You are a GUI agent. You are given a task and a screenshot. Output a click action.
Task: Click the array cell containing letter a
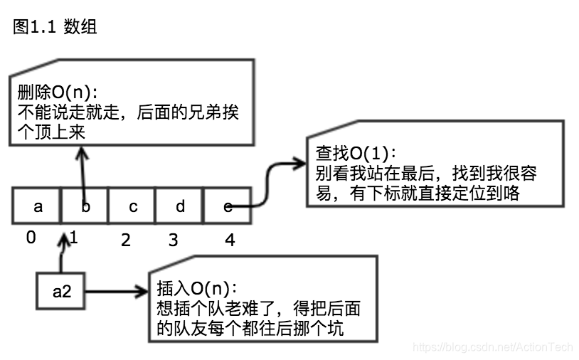[x=38, y=206]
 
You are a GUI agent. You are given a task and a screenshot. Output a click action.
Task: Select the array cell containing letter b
[x=85, y=206]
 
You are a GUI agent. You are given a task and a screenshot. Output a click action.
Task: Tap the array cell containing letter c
[x=132, y=206]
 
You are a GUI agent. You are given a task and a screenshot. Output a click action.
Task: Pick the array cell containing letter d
[x=180, y=206]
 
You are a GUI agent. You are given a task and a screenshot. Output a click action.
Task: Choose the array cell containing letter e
[x=228, y=206]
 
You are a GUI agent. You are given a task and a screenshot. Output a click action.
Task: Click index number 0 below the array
[x=31, y=238]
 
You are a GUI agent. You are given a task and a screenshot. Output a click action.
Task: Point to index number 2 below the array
[x=126, y=240]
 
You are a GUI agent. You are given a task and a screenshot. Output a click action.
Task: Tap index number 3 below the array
[x=173, y=240]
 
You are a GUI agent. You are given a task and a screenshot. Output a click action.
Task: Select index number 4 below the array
[x=229, y=240]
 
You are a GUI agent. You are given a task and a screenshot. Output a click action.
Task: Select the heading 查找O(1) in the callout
[x=356, y=154]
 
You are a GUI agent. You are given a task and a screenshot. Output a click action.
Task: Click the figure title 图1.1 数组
[x=55, y=27]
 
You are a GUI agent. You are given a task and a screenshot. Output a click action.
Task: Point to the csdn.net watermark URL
[x=492, y=347]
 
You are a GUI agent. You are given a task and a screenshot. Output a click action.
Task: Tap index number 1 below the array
[x=74, y=238]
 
